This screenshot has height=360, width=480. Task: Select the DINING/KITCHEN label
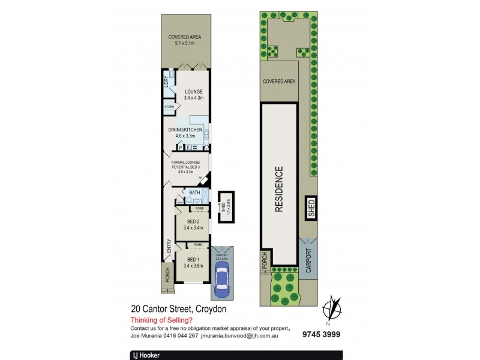(186, 130)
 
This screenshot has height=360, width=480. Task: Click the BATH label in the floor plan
(194, 193)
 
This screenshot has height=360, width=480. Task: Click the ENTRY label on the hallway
(169, 246)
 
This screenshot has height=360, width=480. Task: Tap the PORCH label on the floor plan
(167, 275)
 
